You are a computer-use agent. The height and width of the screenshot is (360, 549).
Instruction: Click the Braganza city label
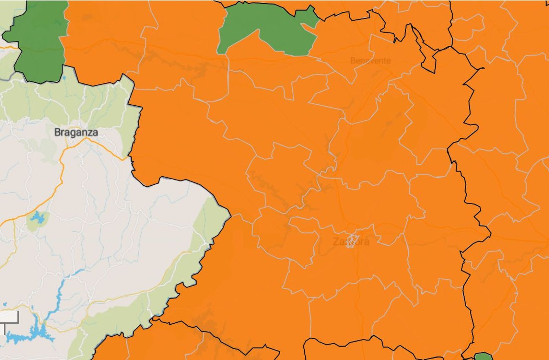(x=76, y=132)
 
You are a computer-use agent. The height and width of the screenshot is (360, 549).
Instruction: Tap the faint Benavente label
(x=370, y=61)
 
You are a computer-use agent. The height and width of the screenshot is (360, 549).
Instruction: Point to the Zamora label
(x=351, y=242)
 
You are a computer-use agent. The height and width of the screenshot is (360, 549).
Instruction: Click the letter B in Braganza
(x=58, y=132)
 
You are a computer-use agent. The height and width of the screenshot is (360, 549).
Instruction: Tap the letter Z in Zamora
(x=336, y=242)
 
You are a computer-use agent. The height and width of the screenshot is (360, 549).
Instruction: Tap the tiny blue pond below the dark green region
(x=64, y=78)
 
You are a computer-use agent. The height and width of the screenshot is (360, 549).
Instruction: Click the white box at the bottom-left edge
(x=9, y=317)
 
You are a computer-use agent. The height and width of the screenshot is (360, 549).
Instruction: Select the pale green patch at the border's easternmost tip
(x=214, y=216)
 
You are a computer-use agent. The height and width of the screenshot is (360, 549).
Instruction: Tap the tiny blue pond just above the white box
(x=5, y=304)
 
